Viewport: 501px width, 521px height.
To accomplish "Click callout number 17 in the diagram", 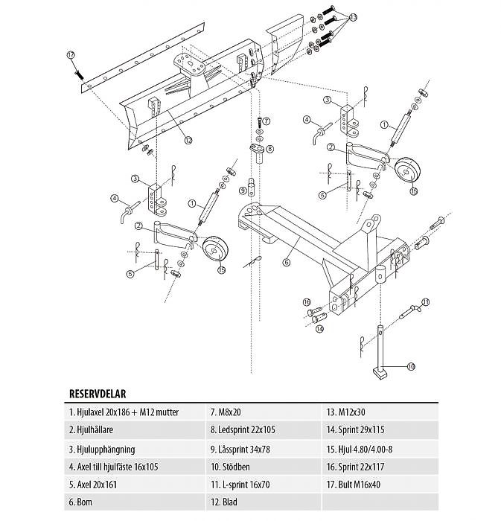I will point(71,55).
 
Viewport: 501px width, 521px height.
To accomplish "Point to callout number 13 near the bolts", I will point(352,16).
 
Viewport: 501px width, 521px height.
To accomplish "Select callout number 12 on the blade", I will point(188,139).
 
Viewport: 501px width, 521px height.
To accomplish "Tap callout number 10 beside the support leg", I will point(410,366).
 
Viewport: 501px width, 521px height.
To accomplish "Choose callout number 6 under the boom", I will point(286,262).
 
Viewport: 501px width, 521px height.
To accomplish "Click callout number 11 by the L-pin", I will point(425,301).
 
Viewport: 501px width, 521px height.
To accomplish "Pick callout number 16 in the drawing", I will point(306,301).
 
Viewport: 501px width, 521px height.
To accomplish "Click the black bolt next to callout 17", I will point(77,74).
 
